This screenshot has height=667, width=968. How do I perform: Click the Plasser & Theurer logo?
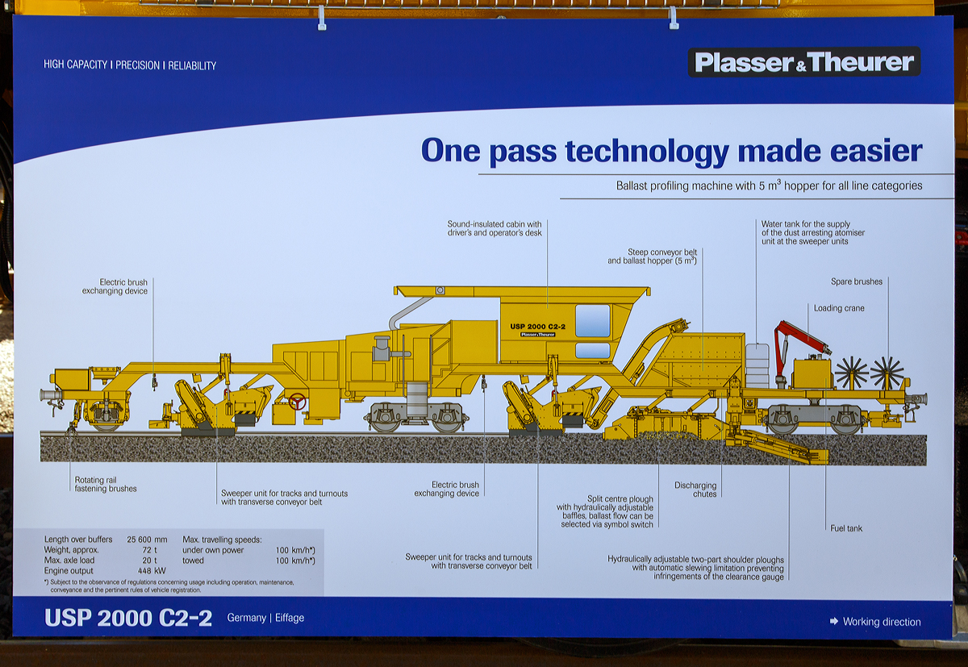tap(803, 62)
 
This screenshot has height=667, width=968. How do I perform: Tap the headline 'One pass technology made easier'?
tap(671, 151)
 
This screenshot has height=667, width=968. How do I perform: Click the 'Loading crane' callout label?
tap(839, 308)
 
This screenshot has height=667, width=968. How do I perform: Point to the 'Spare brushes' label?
tap(857, 281)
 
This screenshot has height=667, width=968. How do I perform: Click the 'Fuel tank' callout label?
tap(846, 528)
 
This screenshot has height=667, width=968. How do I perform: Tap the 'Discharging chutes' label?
tap(695, 490)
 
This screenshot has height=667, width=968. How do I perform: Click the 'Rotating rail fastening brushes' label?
tap(106, 484)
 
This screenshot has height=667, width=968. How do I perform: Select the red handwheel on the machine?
tap(297, 401)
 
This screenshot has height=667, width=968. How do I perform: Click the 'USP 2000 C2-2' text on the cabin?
tap(537, 326)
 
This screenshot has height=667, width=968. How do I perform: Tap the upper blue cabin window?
tap(593, 320)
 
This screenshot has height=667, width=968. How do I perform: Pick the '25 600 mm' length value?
tap(147, 539)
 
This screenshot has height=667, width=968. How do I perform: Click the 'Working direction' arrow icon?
tap(833, 621)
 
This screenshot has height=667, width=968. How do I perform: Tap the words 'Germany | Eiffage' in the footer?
tap(265, 618)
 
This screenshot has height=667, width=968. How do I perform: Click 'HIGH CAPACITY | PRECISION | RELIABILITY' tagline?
tap(130, 65)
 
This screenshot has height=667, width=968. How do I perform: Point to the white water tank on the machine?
tap(757, 365)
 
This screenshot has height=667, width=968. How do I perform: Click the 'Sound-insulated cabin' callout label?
tap(494, 228)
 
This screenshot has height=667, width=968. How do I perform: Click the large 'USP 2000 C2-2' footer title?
tap(128, 618)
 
